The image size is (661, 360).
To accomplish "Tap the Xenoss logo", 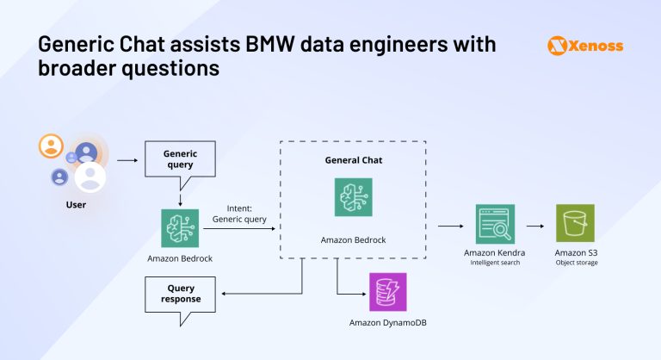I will click(x=584, y=46).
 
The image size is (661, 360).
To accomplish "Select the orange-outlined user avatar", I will click(x=51, y=146).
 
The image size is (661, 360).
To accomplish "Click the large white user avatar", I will click(x=90, y=177).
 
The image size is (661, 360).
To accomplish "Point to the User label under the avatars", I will click(x=76, y=206).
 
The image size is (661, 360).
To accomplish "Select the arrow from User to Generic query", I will click(x=127, y=160).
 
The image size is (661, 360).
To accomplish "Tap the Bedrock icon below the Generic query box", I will click(x=180, y=228).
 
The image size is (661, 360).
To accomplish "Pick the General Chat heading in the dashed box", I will click(x=353, y=160).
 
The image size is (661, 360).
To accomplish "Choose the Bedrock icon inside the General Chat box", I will click(x=353, y=197).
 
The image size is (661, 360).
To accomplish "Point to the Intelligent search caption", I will click(x=495, y=263).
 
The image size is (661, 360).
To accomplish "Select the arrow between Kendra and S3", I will click(x=534, y=226).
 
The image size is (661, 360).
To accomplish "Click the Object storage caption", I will click(x=577, y=263).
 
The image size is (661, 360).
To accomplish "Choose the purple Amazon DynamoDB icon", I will click(x=388, y=292).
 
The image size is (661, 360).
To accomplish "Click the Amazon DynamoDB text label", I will click(x=388, y=323).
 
